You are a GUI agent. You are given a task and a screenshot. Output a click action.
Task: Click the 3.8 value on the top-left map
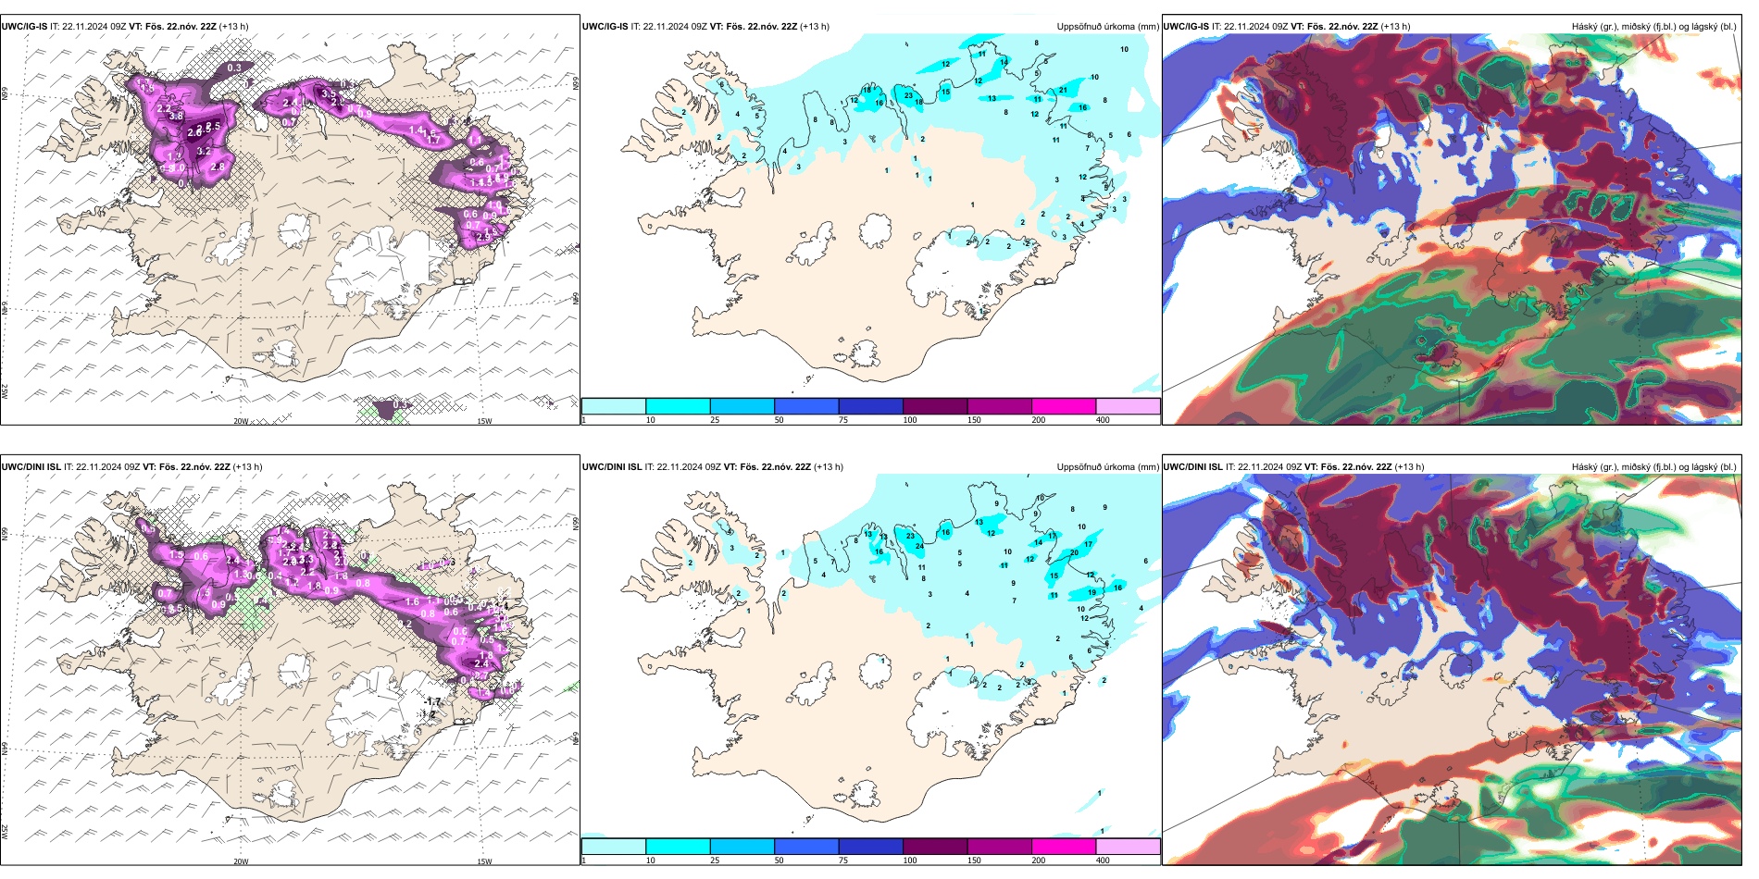(176, 117)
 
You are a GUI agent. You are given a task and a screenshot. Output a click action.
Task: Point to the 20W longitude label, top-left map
(241, 421)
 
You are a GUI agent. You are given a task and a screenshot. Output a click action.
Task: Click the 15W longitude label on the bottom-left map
(484, 861)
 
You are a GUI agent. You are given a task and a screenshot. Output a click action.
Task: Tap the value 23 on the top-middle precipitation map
(909, 96)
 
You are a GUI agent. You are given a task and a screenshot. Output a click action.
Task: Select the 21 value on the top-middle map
(1064, 91)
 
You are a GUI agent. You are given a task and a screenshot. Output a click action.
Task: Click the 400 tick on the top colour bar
(1103, 420)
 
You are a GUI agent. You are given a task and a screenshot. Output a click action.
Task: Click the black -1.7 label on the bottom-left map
(431, 702)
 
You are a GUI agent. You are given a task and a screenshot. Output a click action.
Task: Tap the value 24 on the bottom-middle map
(919, 547)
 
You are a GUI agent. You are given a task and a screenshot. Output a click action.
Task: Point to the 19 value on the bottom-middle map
(1092, 592)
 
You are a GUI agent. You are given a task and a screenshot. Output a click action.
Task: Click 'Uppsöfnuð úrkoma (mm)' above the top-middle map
(1107, 27)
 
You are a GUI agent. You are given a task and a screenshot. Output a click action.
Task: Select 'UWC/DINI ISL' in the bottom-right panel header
(1192, 467)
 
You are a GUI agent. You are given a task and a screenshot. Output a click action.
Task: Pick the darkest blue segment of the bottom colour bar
(870, 847)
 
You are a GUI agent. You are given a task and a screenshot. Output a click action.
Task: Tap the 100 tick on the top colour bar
(910, 420)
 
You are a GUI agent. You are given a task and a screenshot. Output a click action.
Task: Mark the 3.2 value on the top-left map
(205, 151)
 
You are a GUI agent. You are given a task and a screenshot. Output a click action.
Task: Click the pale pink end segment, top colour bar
(1128, 406)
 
